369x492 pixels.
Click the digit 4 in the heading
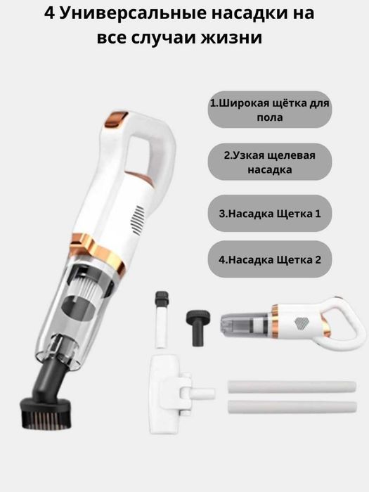[49, 13]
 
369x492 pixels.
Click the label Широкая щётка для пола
[269, 110]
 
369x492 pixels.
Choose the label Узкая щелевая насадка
[269, 162]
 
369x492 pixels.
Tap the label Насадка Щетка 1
[269, 214]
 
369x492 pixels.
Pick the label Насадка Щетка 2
[269, 259]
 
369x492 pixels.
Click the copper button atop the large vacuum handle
[115, 119]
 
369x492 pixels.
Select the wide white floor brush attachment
[176, 393]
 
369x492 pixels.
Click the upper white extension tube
[292, 387]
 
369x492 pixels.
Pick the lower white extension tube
[292, 407]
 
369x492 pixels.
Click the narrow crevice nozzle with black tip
[162, 319]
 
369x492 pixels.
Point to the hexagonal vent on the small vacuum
[302, 323]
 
